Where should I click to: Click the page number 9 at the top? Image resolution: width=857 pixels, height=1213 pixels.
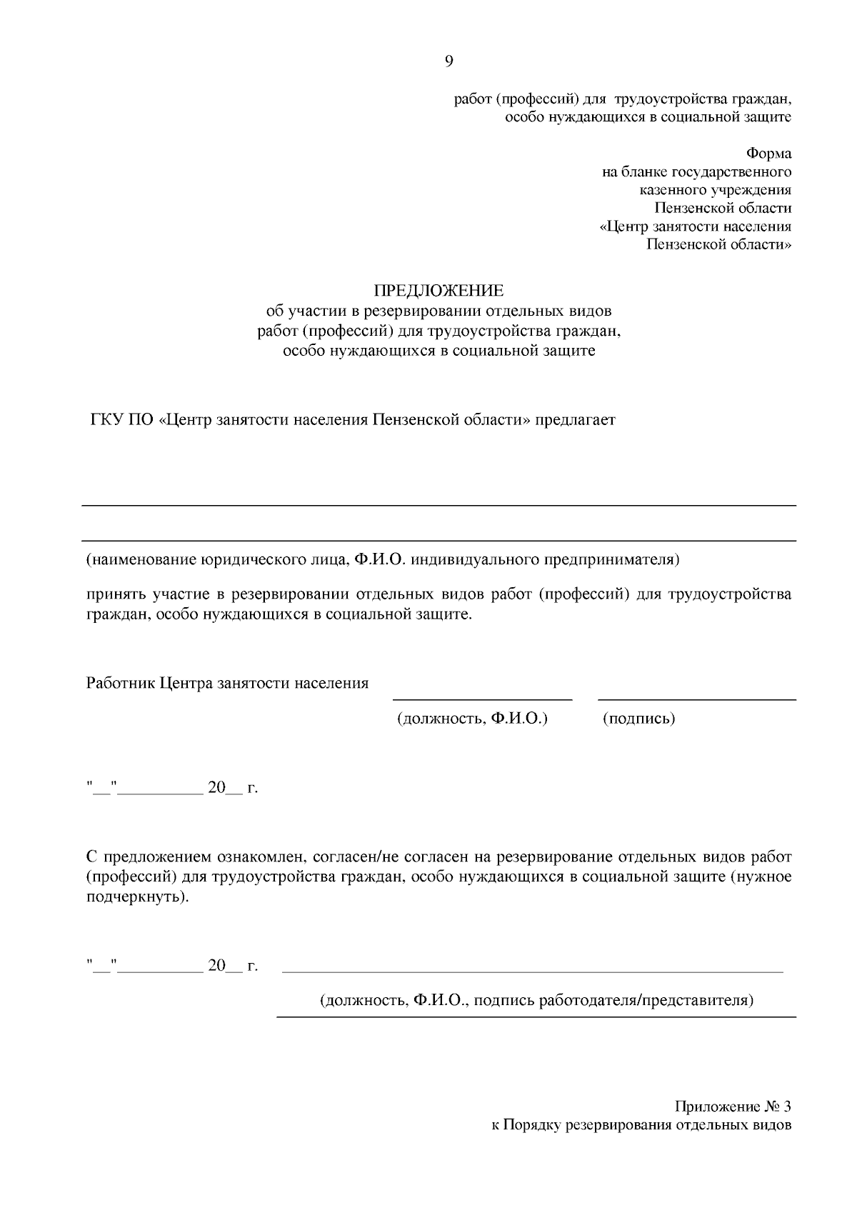coord(448,61)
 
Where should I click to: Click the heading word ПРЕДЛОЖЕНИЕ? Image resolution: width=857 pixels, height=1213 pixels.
coord(438,291)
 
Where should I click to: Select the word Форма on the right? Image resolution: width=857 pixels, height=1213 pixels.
coord(768,154)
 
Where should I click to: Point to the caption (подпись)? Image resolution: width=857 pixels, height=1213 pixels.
coord(639,719)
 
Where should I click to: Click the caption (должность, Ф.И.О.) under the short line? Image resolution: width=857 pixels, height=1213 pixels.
coord(472,719)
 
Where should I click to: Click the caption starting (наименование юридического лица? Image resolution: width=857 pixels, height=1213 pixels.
coord(382,559)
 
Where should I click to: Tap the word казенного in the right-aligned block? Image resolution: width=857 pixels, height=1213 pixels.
coord(671,190)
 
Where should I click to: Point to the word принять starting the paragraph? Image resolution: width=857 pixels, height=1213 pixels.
coord(116,594)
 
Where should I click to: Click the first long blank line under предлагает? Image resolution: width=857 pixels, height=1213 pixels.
coord(438,506)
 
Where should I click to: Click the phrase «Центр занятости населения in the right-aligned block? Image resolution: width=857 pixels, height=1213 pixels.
coord(694,227)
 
